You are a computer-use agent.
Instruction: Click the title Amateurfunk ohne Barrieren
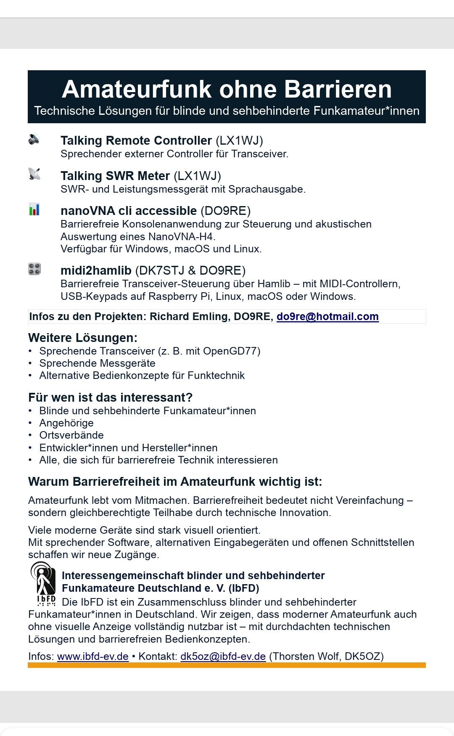click(227, 89)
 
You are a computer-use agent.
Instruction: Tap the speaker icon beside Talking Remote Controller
click(34, 139)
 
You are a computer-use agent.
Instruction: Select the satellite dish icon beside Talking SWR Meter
click(34, 174)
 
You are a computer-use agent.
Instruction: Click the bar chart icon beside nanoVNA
click(34, 209)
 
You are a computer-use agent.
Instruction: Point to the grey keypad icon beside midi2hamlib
click(34, 269)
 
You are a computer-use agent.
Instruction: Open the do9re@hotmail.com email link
click(327, 317)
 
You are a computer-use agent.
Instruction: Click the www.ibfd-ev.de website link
click(92, 657)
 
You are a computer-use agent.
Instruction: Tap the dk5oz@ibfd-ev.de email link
click(223, 657)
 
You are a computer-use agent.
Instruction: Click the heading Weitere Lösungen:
click(83, 338)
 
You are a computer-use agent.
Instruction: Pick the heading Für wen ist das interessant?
click(110, 397)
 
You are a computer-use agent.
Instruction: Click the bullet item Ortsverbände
click(71, 435)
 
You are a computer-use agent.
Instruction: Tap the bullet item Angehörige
click(66, 423)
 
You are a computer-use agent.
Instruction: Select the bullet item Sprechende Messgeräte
click(97, 363)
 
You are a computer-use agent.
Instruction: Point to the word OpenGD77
click(236, 351)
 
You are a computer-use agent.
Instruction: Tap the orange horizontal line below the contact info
click(227, 665)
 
